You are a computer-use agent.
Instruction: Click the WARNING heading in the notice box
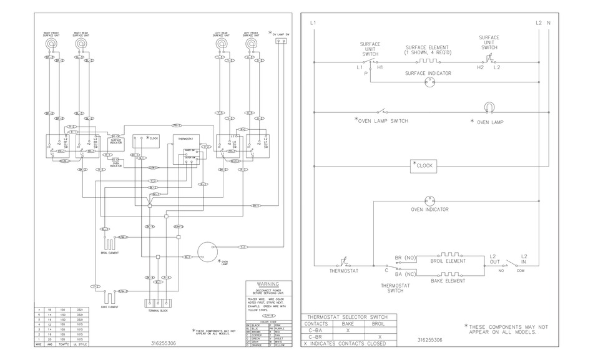[263, 284]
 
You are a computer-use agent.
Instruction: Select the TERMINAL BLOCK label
[156, 310]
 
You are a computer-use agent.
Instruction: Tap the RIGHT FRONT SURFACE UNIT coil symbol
[52, 46]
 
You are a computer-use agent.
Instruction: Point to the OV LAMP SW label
[282, 34]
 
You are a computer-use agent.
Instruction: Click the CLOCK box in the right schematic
[423, 166]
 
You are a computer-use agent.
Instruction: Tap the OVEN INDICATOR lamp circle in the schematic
[429, 201]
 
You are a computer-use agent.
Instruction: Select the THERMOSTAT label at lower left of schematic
[343, 271]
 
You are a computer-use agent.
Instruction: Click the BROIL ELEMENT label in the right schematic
[448, 261]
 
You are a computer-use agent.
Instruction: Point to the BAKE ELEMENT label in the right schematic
[448, 281]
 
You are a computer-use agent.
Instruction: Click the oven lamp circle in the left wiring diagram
[205, 252]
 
